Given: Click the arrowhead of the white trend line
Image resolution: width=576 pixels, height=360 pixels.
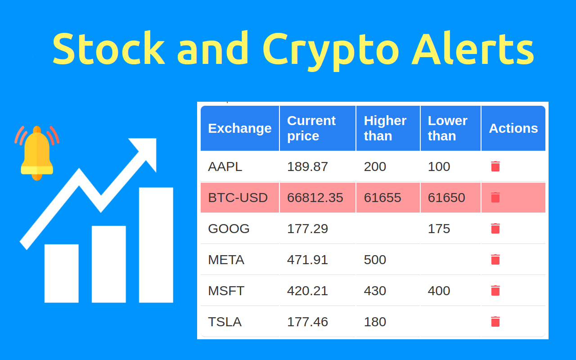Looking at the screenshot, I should tap(146, 151).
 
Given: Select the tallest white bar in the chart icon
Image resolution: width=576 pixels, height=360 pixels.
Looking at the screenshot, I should tap(156, 245).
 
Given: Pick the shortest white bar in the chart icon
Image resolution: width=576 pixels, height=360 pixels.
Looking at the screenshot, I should tap(61, 273).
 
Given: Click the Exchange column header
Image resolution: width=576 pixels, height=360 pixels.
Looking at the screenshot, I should tap(239, 128).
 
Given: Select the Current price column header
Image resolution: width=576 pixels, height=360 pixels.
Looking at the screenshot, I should tap(311, 128).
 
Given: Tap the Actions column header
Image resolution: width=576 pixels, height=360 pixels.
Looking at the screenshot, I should tap(513, 128).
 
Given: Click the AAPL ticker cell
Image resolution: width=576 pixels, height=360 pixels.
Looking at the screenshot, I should tap(225, 166).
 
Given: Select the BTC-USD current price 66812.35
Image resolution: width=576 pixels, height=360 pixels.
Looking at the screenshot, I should tap(315, 198).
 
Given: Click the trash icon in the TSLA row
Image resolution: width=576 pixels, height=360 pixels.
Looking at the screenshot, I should tap(495, 321).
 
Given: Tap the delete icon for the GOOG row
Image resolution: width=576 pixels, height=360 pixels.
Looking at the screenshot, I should tap(495, 228).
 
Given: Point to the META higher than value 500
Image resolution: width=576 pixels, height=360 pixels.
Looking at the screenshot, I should tap(375, 260).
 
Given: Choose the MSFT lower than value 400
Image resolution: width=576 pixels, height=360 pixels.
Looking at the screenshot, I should tap(439, 291).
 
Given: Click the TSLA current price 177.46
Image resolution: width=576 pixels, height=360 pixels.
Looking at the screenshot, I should tap(307, 322).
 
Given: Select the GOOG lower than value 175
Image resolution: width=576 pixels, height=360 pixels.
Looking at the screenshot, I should tap(439, 229).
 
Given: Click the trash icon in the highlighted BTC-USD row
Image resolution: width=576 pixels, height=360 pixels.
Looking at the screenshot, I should tap(495, 197).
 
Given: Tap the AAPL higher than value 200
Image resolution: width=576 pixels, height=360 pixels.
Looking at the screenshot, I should tap(375, 166).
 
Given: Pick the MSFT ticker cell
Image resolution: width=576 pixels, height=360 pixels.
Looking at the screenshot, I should tap(226, 291).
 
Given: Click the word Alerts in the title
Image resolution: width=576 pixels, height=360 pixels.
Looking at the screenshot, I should tap(472, 49).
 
